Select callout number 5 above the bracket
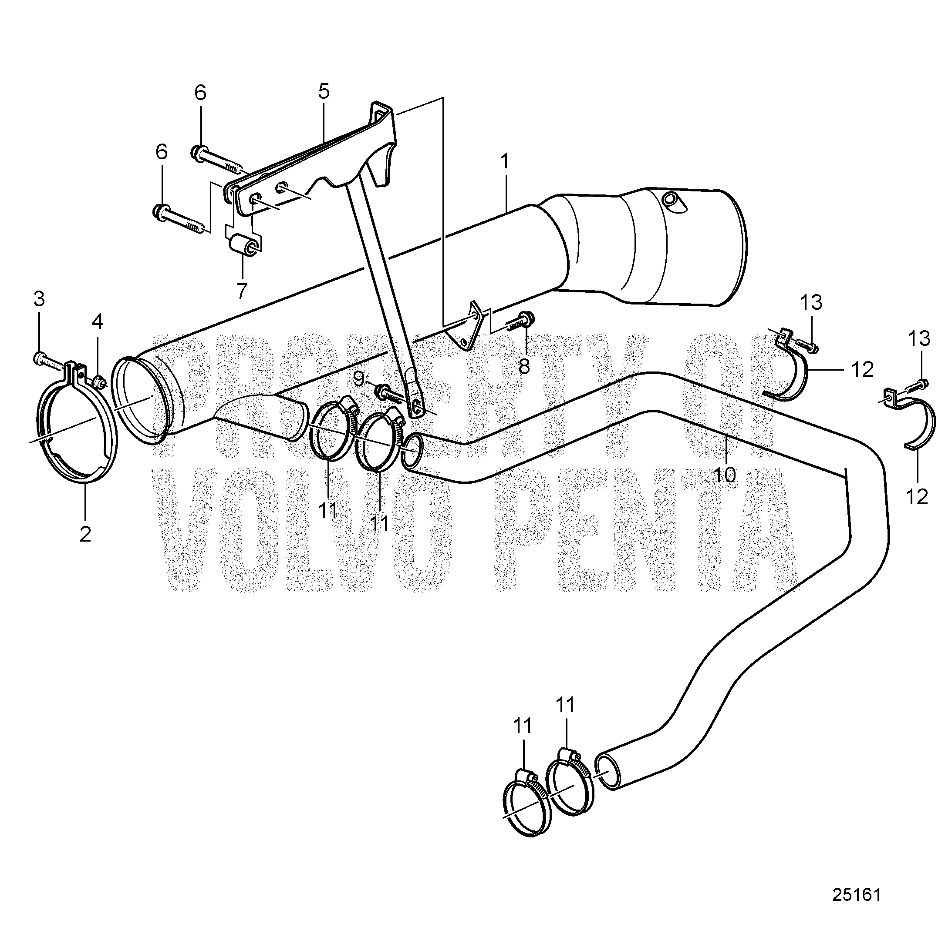coord(324,91)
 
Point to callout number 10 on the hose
coord(727,474)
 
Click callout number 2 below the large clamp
coord(85,534)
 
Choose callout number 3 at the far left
coord(39,299)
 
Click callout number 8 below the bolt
coord(523,367)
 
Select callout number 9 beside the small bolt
coord(359,378)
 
